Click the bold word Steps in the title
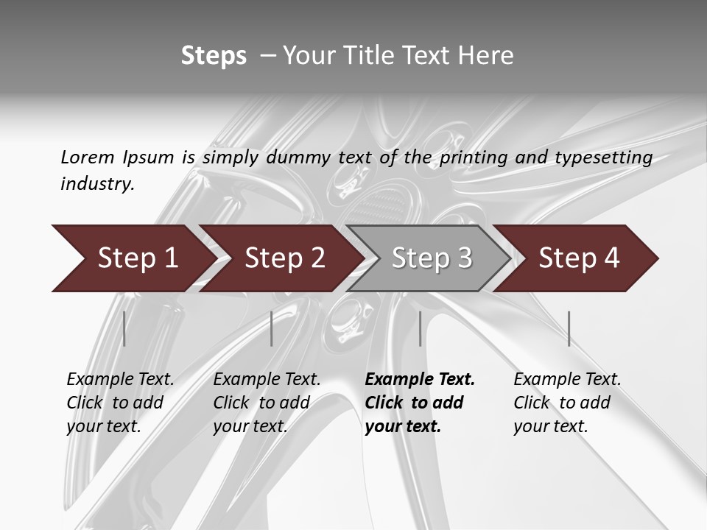pos(214,56)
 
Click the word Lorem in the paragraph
pos(87,157)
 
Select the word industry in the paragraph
pos(96,183)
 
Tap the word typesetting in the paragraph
pos(608,157)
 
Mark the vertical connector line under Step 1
pos(124,328)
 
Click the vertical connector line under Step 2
pos(272,328)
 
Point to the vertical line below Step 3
pos(420,328)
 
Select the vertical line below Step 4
pos(569,328)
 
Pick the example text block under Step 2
pos(266,402)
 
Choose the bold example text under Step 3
pos(419,402)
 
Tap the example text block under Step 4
pos(566,402)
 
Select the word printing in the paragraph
pos(474,157)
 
